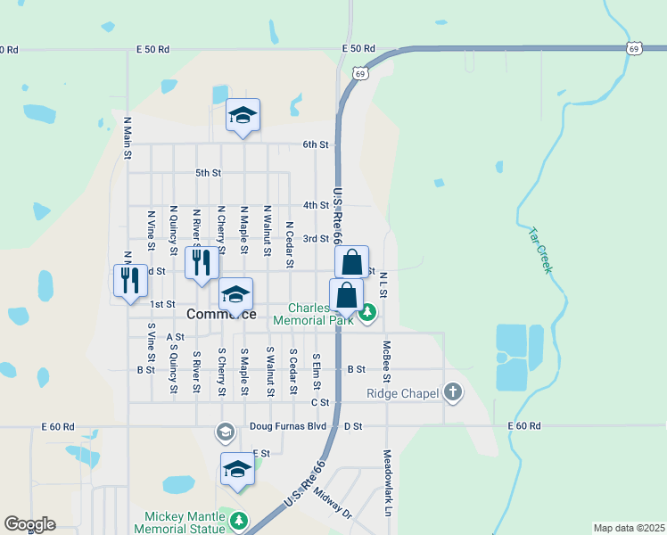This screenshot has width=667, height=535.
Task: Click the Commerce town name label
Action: pyautogui.click(x=221, y=314)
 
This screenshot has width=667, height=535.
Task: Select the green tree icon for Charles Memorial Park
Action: pyautogui.click(x=367, y=312)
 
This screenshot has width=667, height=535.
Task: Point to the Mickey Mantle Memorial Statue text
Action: pyautogui.click(x=185, y=523)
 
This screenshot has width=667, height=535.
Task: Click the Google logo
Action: pyautogui.click(x=29, y=524)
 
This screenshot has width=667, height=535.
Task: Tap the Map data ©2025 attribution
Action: pyautogui.click(x=629, y=528)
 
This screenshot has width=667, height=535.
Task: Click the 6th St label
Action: pyautogui.click(x=316, y=144)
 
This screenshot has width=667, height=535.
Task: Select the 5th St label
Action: pyautogui.click(x=208, y=172)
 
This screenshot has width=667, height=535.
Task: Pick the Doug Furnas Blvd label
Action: pyautogui.click(x=289, y=426)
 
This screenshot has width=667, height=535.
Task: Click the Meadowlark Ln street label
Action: pyautogui.click(x=387, y=492)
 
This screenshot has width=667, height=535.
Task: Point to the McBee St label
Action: pyautogui.click(x=387, y=358)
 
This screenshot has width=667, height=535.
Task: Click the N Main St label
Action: pyautogui.click(x=128, y=139)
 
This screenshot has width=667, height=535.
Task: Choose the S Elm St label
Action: pyautogui.click(x=316, y=370)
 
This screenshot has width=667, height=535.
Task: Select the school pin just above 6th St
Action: pyautogui.click(x=243, y=115)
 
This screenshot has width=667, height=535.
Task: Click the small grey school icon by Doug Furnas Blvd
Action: pyautogui.click(x=226, y=432)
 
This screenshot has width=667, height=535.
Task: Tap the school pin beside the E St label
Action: pyautogui.click(x=237, y=468)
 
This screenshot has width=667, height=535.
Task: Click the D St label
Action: pyautogui.click(x=355, y=426)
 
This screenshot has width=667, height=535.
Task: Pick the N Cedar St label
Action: pyautogui.click(x=290, y=244)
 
